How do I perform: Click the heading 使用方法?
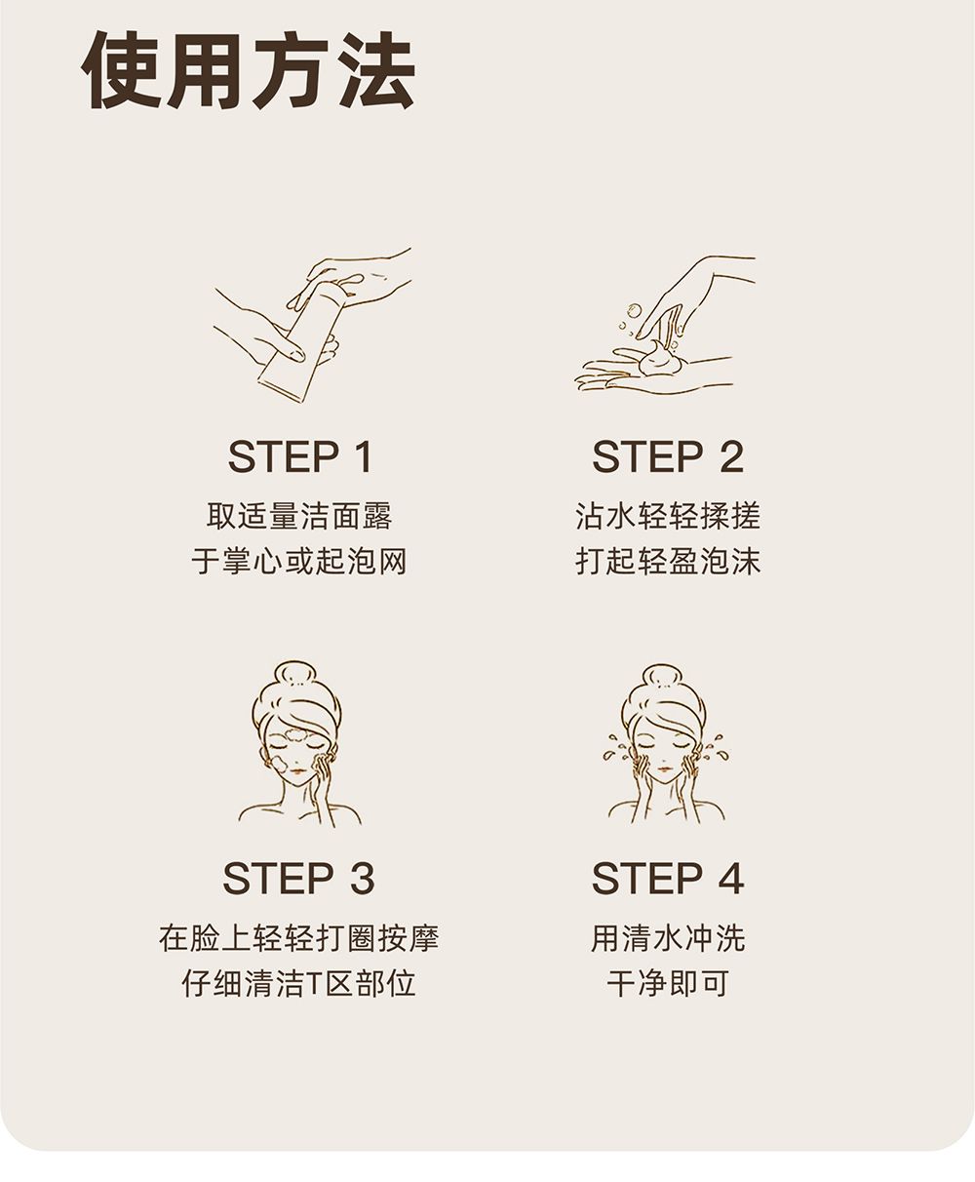tap(249, 69)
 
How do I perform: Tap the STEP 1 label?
tap(300, 456)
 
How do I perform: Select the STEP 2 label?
tap(668, 456)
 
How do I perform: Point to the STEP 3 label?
tap(298, 878)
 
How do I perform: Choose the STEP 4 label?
tap(668, 878)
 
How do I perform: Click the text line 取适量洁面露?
tap(299, 516)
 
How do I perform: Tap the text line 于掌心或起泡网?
tap(299, 562)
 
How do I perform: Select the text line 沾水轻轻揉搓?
tap(668, 516)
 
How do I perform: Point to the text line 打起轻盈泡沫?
tap(668, 562)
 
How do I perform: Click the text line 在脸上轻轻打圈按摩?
tap(299, 938)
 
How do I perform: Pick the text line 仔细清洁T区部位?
tap(299, 983)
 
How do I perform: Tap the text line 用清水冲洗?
tap(668, 938)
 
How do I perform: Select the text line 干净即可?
tap(668, 983)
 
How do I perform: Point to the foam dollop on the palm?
tap(658, 358)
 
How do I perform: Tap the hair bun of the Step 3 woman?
tap(294, 678)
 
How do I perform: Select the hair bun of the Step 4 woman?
tap(663, 680)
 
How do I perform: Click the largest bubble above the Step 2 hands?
tap(634, 310)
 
